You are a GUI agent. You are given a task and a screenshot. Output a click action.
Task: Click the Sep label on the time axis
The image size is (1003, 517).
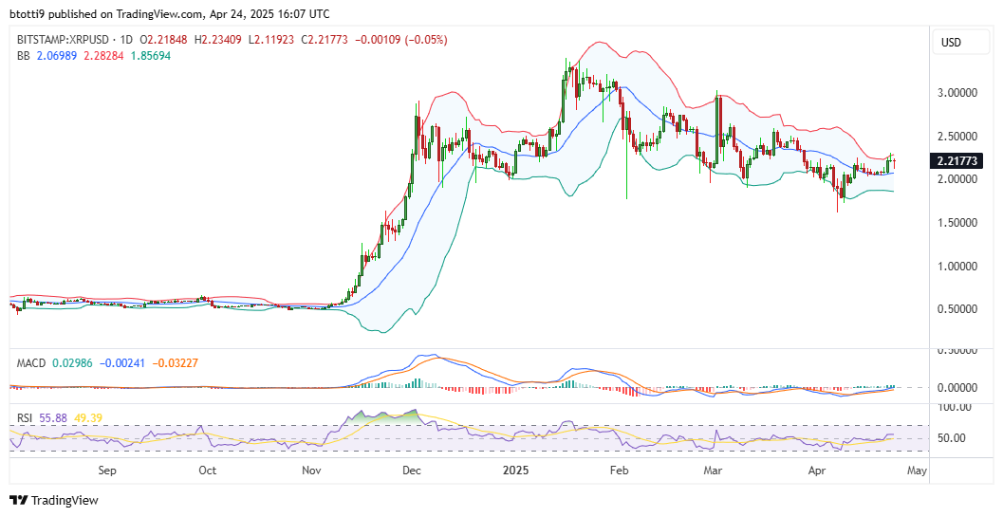point(106,469)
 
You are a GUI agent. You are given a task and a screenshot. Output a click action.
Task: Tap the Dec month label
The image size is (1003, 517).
point(411,469)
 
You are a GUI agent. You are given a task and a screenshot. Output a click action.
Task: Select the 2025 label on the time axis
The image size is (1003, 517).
point(516,469)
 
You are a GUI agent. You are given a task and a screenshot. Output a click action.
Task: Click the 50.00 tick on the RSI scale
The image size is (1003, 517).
point(952,438)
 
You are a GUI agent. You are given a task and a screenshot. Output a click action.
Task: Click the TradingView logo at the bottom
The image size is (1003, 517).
point(54,500)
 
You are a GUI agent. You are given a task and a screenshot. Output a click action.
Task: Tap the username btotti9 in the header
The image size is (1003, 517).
point(28,13)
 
